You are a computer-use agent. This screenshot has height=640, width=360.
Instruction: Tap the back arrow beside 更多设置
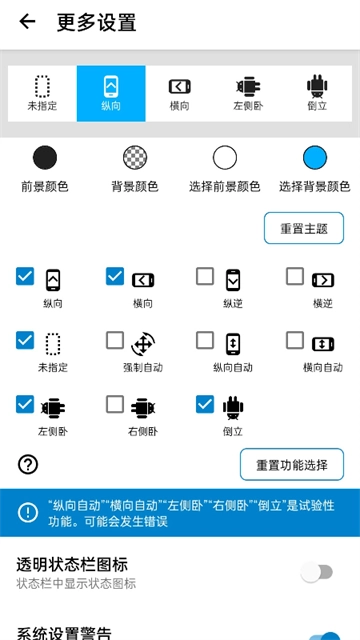[x=27, y=22]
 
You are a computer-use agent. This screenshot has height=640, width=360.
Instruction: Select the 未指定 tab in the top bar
[x=42, y=93]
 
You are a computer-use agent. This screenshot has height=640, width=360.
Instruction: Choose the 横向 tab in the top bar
[x=180, y=93]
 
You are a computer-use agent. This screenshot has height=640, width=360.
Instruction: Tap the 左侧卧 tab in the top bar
[x=248, y=93]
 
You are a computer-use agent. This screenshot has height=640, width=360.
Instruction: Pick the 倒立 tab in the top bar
[x=317, y=93]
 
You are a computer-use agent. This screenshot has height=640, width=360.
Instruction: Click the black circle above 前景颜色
[x=45, y=157]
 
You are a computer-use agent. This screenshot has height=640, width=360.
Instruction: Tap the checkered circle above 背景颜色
[x=135, y=157]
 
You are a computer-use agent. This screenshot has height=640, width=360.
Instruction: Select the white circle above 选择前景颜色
[x=225, y=157]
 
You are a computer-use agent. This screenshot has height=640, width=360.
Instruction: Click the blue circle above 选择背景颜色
[x=315, y=157]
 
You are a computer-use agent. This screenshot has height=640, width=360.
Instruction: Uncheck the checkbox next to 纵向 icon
[x=25, y=276]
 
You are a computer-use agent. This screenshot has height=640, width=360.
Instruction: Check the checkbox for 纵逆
[x=205, y=276]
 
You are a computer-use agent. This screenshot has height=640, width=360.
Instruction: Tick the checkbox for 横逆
[x=295, y=276]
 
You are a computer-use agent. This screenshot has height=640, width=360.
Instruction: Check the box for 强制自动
[x=115, y=340]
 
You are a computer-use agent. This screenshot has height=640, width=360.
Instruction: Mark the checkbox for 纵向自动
[x=205, y=340]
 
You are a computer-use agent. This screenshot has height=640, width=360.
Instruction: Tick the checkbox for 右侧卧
[x=115, y=404]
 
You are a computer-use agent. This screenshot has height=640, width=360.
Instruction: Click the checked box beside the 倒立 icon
[x=205, y=404]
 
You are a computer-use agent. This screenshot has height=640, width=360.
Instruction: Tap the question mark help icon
[x=28, y=464]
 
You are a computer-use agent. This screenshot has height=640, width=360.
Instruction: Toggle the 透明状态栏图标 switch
[x=317, y=572]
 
